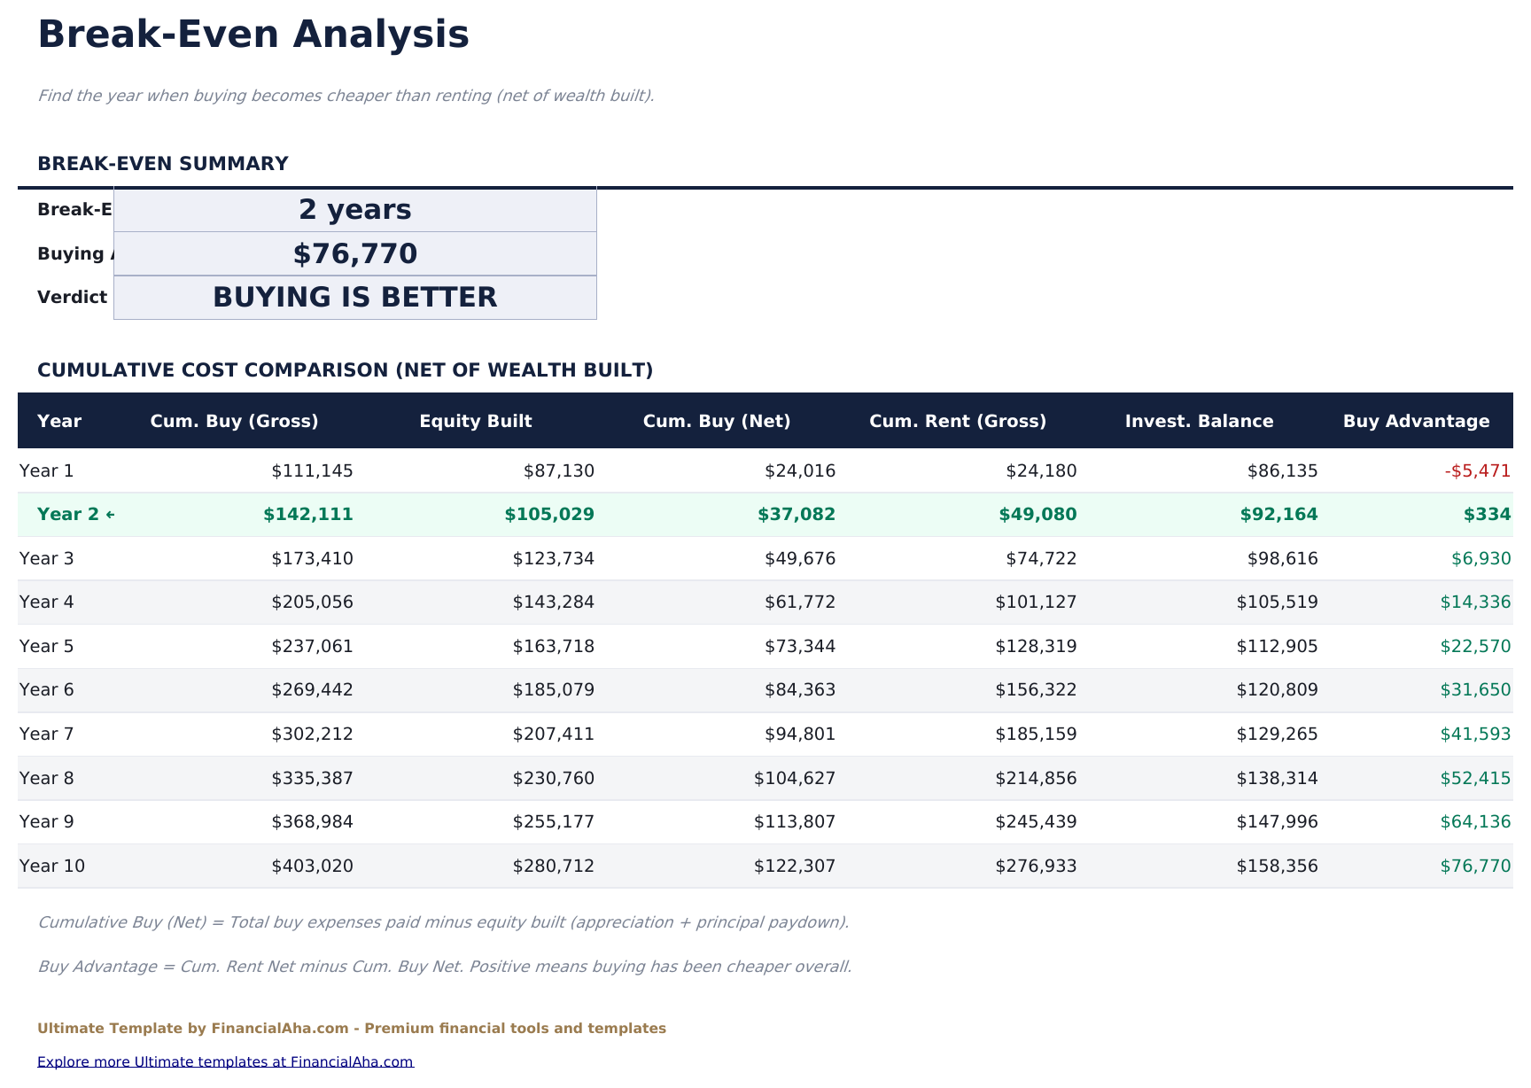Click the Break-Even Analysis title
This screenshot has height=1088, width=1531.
(253, 35)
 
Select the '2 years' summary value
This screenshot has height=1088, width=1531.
(354, 210)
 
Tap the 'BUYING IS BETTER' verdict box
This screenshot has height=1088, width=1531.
(354, 298)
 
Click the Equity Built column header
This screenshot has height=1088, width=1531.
(475, 421)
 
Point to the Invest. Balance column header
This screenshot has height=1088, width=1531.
(1199, 421)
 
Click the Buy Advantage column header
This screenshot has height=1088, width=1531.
(1416, 421)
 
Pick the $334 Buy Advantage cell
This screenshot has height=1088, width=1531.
(1494, 515)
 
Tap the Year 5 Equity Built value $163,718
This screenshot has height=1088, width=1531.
(553, 647)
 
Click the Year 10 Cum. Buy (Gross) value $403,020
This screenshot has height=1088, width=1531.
(312, 867)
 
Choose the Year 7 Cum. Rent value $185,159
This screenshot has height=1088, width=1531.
(1036, 734)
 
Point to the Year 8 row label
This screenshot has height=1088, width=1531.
(46, 779)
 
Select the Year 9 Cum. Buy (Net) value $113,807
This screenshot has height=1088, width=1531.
(795, 822)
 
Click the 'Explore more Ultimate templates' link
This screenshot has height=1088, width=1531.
(225, 1062)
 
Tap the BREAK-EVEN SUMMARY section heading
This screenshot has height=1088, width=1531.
(163, 164)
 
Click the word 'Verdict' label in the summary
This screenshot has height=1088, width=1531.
(72, 298)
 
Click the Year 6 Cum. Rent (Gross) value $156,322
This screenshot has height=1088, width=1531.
(1036, 690)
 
